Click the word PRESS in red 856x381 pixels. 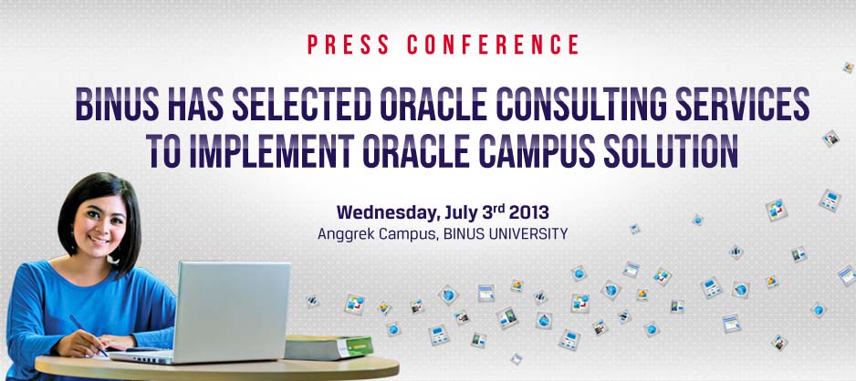coord(349,45)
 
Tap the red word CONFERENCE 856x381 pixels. coord(493,45)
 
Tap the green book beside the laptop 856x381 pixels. coord(329,347)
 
